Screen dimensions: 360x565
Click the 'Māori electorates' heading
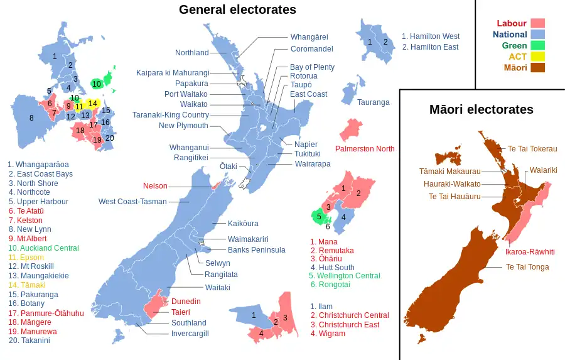482,109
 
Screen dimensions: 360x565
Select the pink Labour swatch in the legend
538,24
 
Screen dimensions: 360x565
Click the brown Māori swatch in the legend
538,68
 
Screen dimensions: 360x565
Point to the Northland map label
191,53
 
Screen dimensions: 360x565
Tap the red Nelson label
155,186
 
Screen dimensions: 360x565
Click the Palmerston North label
365,149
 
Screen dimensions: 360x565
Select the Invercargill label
190,334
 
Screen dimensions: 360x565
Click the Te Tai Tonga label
527,267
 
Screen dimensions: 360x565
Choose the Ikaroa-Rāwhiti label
530,251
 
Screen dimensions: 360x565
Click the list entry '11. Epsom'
26,258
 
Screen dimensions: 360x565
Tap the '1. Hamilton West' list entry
431,36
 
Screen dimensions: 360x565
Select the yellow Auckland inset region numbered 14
92,103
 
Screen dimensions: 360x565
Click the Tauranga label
374,102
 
